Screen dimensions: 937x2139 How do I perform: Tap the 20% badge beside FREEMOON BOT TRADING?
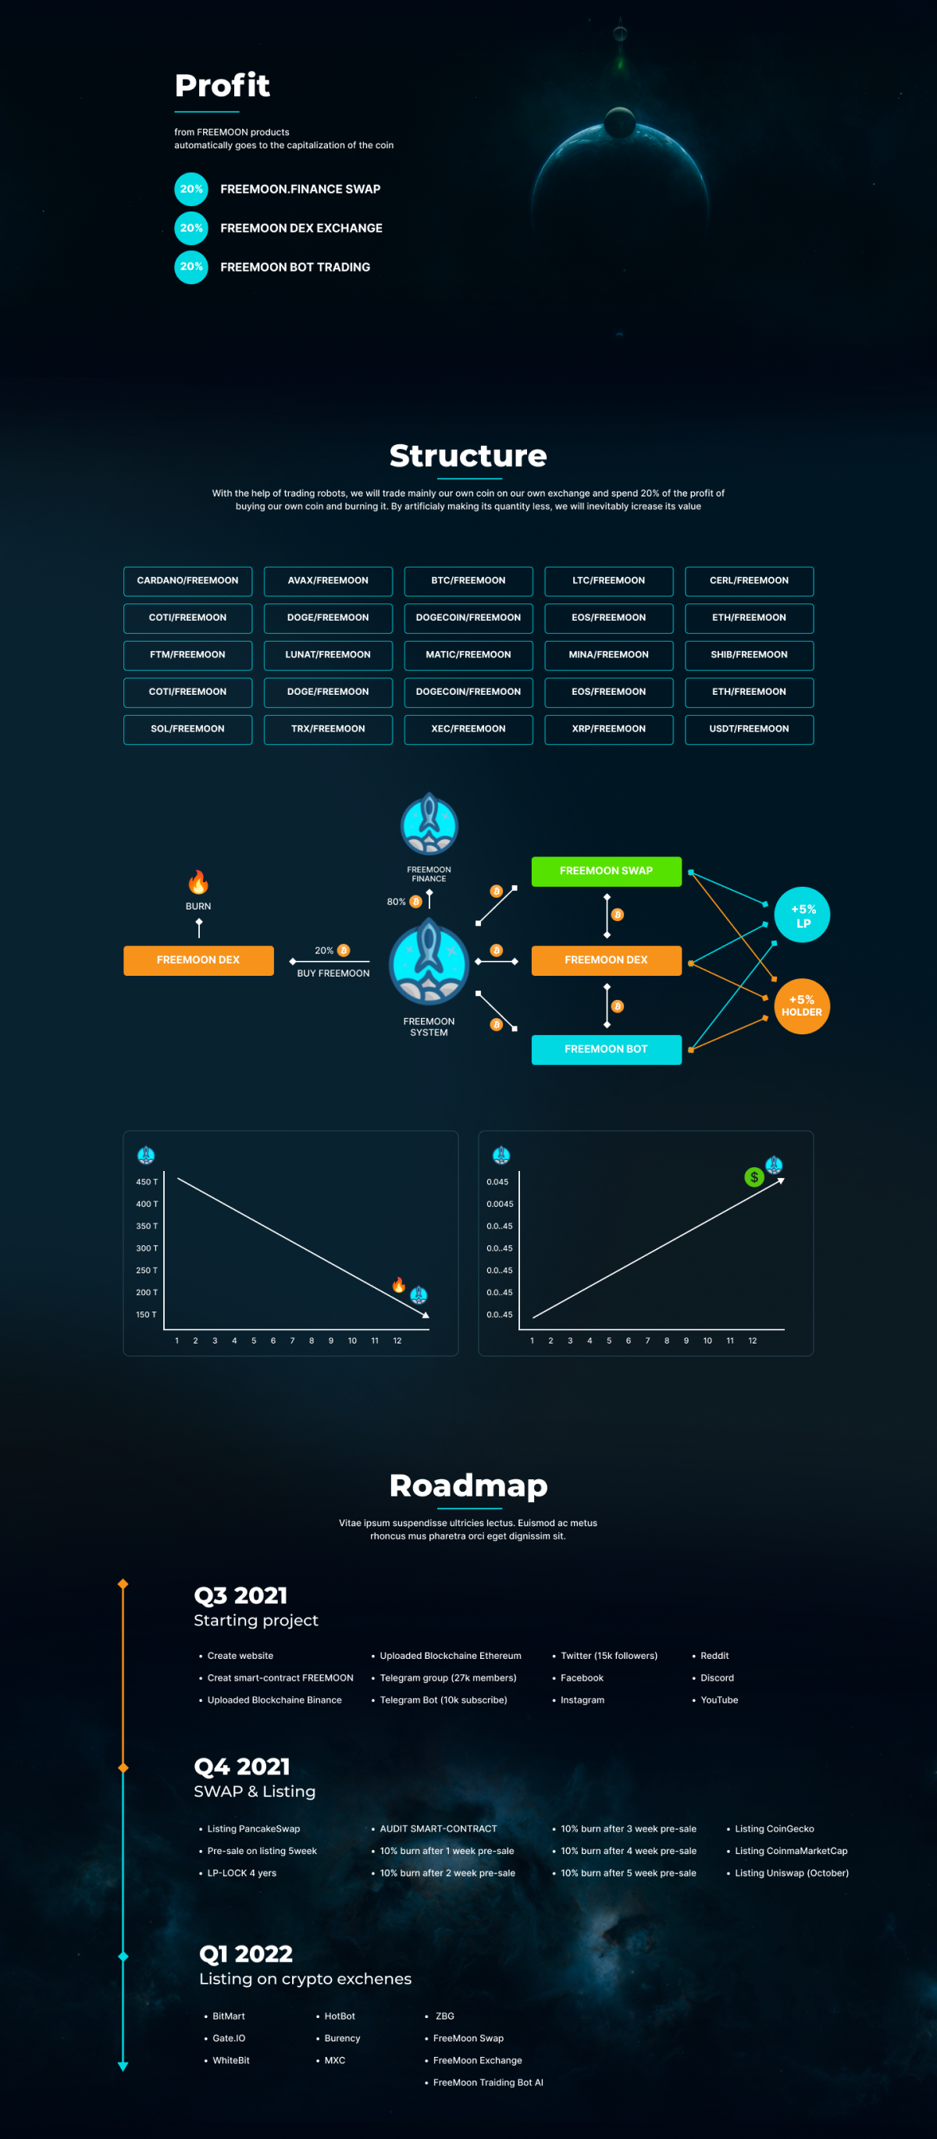click(x=191, y=266)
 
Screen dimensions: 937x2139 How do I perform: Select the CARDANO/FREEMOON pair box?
click(x=187, y=581)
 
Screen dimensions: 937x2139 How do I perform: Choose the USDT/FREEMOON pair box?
click(x=750, y=729)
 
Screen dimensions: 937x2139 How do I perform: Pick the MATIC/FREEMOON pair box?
click(x=468, y=655)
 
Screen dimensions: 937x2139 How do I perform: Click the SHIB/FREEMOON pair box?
click(x=750, y=655)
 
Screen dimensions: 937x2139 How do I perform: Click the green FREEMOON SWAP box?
click(x=607, y=871)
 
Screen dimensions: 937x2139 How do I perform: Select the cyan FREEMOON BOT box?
click(x=607, y=1049)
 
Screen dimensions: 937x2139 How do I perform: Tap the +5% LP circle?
click(x=803, y=915)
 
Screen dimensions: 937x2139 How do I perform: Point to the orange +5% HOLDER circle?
click(x=803, y=1005)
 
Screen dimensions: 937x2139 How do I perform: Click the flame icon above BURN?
click(x=198, y=882)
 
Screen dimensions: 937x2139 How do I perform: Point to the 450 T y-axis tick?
click(x=147, y=1182)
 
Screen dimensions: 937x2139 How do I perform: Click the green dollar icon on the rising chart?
click(x=754, y=1176)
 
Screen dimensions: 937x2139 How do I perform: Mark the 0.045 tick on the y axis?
click(x=497, y=1182)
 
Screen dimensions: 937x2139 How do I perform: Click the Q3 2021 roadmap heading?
click(x=241, y=1595)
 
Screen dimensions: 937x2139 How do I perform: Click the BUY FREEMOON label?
click(x=333, y=973)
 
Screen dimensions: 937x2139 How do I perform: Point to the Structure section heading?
click(x=468, y=456)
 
